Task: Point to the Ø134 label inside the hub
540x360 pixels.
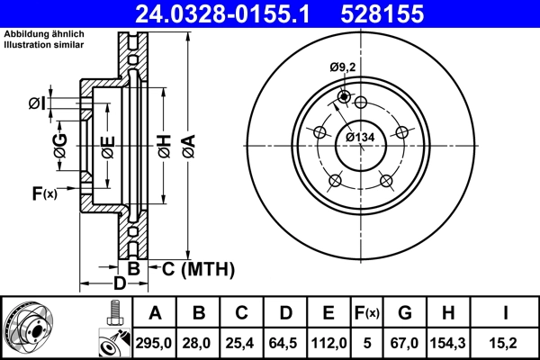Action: [360, 137]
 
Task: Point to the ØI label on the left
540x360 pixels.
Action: [37, 102]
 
